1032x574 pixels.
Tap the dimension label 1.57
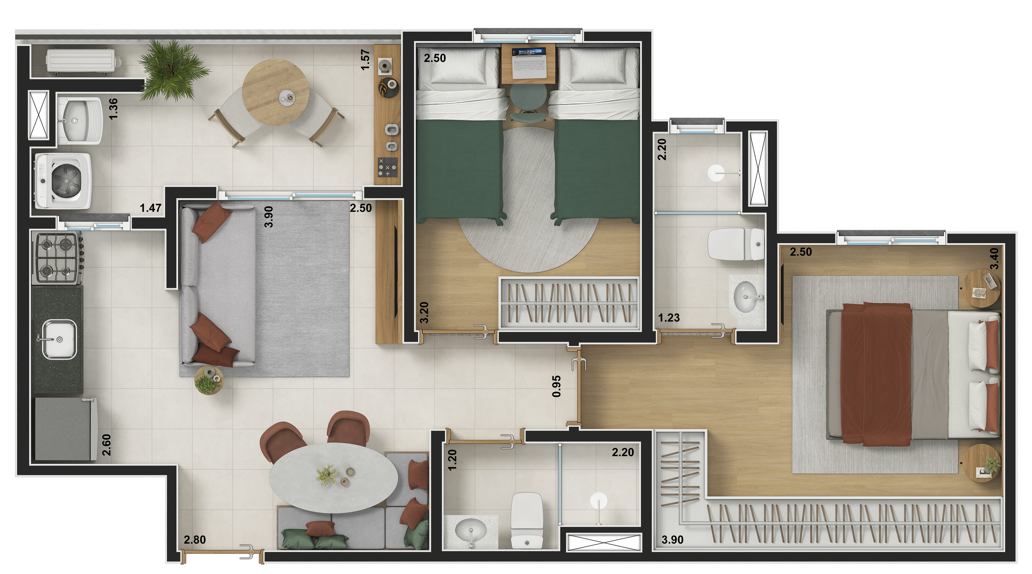coord(365,60)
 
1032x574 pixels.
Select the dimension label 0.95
coord(556,386)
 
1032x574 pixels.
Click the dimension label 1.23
coord(669,318)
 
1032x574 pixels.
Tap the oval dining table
coord(333,477)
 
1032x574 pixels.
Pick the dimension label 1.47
coord(151,208)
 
